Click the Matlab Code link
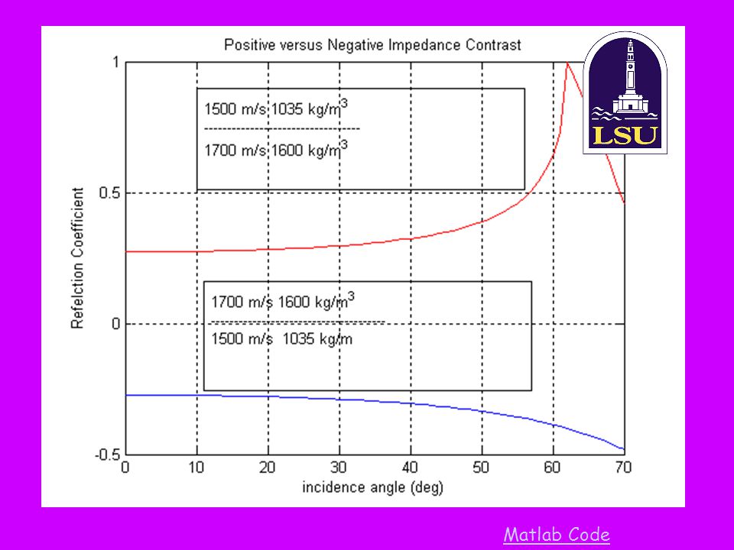pyautogui.click(x=557, y=535)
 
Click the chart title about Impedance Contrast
pyautogui.click(x=372, y=44)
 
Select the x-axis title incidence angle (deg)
pyautogui.click(x=372, y=487)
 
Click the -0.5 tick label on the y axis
pyautogui.click(x=106, y=455)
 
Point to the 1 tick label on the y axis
pyautogui.click(x=115, y=62)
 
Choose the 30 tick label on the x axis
pyautogui.click(x=339, y=468)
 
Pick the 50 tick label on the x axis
pyautogui.click(x=482, y=468)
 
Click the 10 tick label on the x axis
pyautogui.click(x=196, y=468)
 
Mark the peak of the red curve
pyautogui.click(x=567, y=63)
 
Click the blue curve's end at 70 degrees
pyautogui.click(x=623, y=449)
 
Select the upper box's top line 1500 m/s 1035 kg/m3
pyautogui.click(x=276, y=108)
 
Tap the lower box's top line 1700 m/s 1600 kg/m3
pyautogui.click(x=283, y=300)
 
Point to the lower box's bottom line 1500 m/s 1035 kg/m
pyautogui.click(x=281, y=339)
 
